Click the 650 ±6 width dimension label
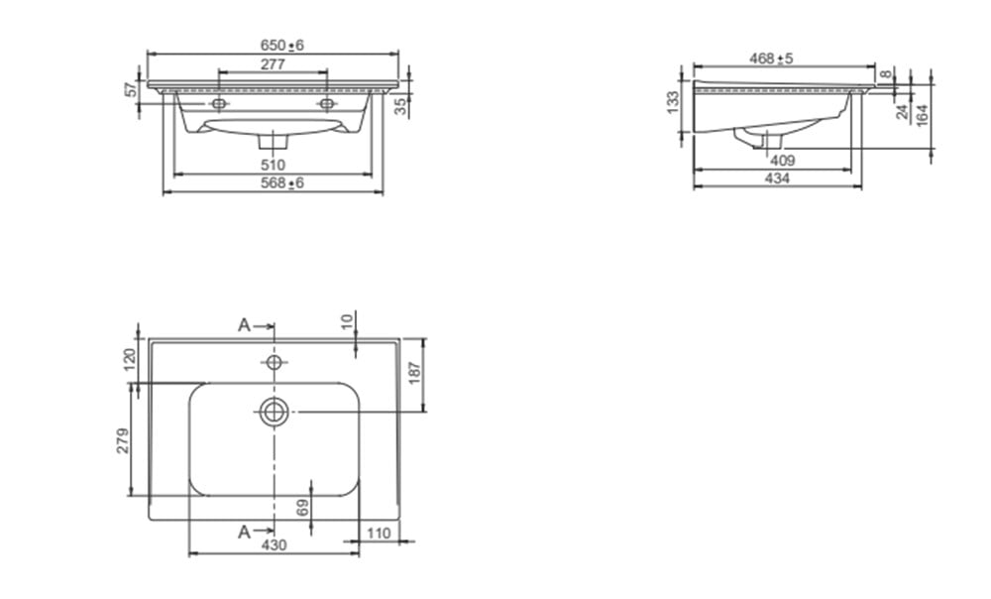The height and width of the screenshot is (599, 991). (x=281, y=45)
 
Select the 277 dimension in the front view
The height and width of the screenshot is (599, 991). (x=273, y=63)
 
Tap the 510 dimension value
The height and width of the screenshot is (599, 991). (x=273, y=165)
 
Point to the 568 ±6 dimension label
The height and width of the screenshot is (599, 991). (x=281, y=182)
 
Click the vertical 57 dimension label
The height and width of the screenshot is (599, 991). (x=132, y=89)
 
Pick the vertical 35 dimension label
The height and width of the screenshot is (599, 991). (x=400, y=106)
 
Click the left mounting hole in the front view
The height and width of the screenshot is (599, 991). (x=219, y=103)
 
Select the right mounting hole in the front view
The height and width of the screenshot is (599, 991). (x=327, y=103)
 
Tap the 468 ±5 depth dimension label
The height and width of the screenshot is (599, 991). (x=771, y=59)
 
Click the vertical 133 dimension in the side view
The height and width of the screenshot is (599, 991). (x=673, y=102)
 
